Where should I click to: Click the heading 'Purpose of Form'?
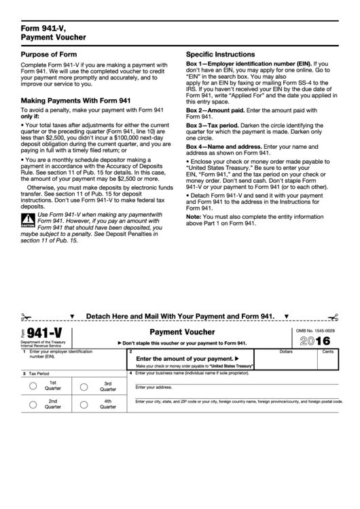[x=48, y=54]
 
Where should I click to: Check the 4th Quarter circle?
[x=85, y=405]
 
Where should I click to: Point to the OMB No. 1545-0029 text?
[x=317, y=330]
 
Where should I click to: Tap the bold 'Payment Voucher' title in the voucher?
[x=182, y=332]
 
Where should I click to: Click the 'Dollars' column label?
[x=286, y=352]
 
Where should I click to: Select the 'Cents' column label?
[x=327, y=352]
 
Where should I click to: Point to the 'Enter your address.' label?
[x=153, y=387]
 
